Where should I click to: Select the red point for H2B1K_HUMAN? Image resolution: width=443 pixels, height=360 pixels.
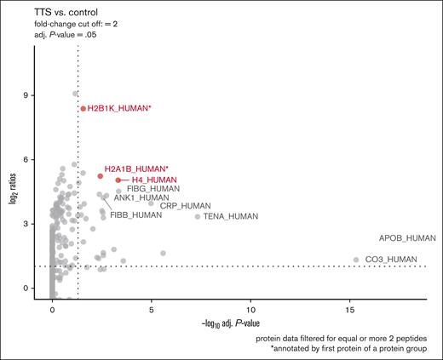[83, 109]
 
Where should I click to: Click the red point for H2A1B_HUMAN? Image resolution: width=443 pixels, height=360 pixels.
[101, 176]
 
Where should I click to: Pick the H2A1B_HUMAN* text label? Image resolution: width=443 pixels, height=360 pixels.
[136, 169]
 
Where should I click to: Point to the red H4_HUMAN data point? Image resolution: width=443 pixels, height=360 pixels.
[118, 180]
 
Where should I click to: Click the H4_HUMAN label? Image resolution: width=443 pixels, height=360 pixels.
[154, 180]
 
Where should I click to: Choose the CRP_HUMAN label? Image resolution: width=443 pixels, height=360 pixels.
[186, 206]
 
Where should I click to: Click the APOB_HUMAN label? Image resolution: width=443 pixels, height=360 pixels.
[406, 238]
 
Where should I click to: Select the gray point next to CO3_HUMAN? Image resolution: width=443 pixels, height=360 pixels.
[356, 260]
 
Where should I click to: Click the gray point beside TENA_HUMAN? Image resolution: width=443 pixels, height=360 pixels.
[198, 216]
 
